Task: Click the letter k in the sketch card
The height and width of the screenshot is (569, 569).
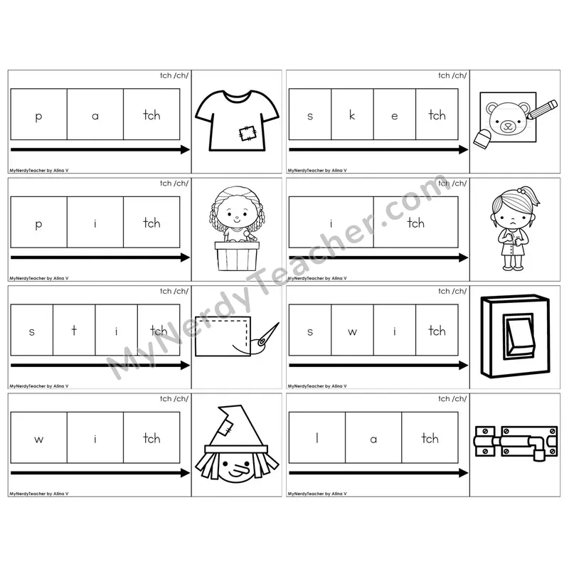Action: pyautogui.click(x=352, y=115)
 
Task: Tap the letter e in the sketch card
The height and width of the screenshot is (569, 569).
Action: pyautogui.click(x=395, y=116)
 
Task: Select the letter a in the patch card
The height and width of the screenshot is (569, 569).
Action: pyautogui.click(x=95, y=116)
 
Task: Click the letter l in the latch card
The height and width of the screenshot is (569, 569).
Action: pyautogui.click(x=317, y=437)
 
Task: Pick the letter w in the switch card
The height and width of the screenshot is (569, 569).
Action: pyautogui.click(x=352, y=331)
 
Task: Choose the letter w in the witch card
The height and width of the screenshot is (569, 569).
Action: pyautogui.click(x=39, y=440)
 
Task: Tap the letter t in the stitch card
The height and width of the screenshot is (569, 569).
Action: pyautogui.click(x=74, y=330)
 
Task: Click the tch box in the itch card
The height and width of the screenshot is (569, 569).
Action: pyautogui.click(x=416, y=222)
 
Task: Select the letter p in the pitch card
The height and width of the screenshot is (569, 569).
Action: pyautogui.click(x=38, y=224)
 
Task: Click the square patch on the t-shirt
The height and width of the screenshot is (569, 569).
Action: pyautogui.click(x=248, y=133)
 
